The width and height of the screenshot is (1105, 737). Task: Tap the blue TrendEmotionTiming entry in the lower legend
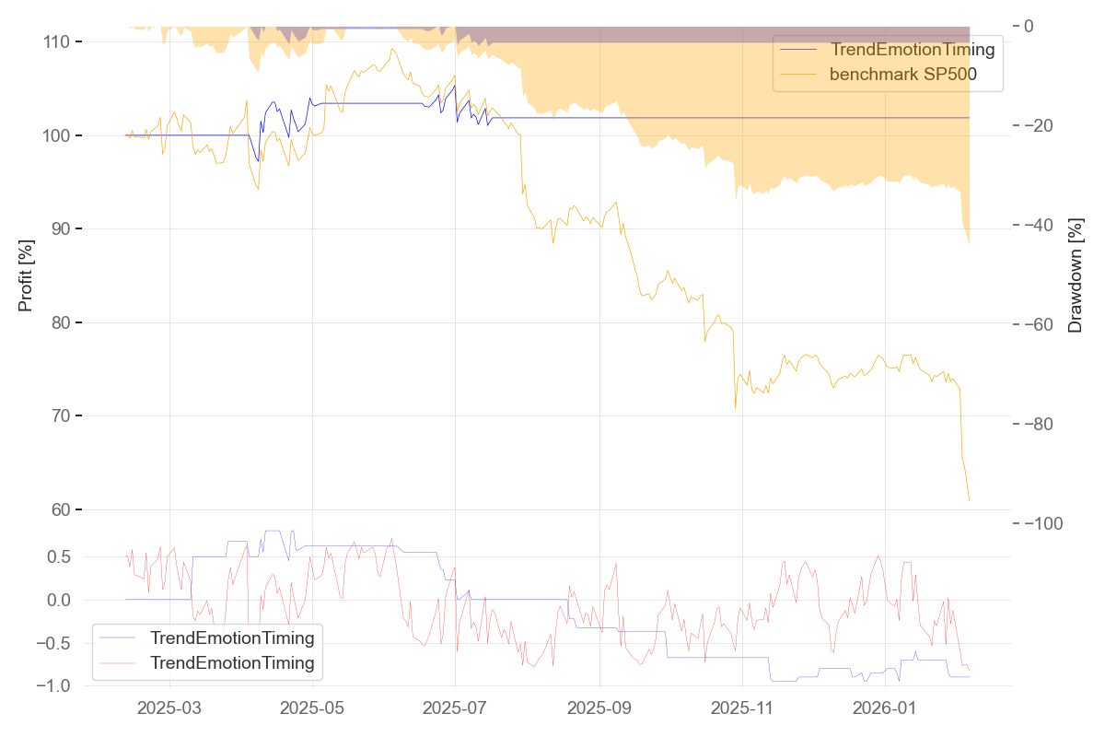point(232,638)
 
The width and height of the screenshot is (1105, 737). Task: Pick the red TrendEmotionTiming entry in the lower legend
point(232,662)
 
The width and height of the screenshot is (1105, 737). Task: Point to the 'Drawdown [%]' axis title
point(1075,275)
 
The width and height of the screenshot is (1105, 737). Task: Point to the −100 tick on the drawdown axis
point(1047,523)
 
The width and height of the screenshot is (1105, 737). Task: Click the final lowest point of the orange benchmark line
point(970,500)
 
